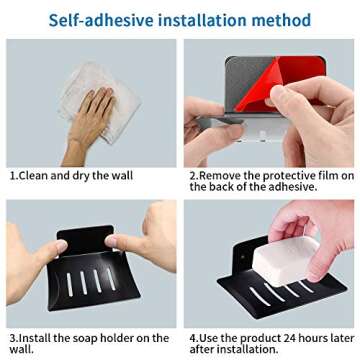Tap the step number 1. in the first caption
[x=13, y=175]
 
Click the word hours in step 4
[x=313, y=339]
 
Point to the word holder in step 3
[x=125, y=339]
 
